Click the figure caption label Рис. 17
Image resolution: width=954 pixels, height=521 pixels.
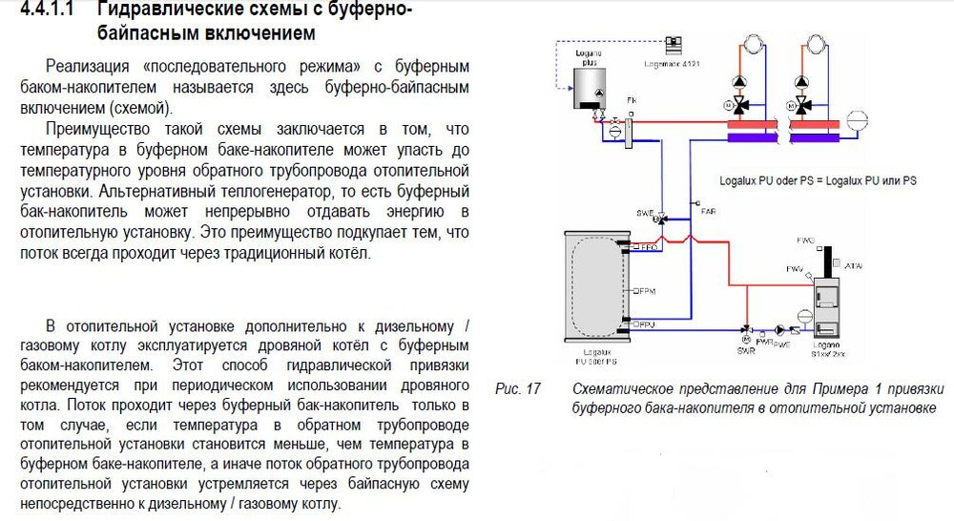518,389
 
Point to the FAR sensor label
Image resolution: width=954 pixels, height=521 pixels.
708,211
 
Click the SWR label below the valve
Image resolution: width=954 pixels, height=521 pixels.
745,350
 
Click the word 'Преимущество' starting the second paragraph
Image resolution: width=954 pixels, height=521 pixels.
93,128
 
